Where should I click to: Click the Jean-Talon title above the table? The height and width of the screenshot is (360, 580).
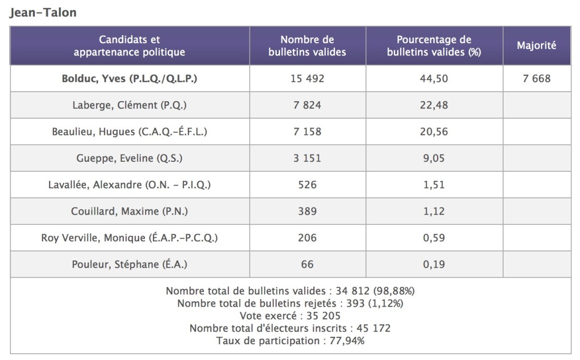[43, 13]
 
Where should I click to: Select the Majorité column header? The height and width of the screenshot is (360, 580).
[536, 45]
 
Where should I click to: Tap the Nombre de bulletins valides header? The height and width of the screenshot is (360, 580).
[307, 45]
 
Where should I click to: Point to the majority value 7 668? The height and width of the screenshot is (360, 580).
[536, 79]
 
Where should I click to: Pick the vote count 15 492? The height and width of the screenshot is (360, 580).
[307, 79]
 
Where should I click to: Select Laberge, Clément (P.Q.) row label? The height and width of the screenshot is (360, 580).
[129, 105]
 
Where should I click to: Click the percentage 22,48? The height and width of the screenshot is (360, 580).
[433, 105]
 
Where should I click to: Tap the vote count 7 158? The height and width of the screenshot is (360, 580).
[307, 131]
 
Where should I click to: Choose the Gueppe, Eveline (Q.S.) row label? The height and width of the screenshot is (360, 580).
[129, 158]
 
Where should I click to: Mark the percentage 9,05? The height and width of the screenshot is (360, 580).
[433, 158]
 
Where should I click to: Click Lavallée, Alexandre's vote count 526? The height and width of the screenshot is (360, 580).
[307, 184]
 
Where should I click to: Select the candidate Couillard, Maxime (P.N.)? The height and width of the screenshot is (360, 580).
[129, 211]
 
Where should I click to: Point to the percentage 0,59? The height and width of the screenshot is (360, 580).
[433, 238]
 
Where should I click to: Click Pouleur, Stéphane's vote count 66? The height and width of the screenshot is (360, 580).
[307, 264]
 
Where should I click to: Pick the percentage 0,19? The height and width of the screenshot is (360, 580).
[433, 264]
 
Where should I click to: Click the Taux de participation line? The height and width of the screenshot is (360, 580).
[290, 340]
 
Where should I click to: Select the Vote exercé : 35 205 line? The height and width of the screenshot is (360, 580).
[290, 316]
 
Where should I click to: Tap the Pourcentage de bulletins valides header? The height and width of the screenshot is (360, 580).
[433, 45]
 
